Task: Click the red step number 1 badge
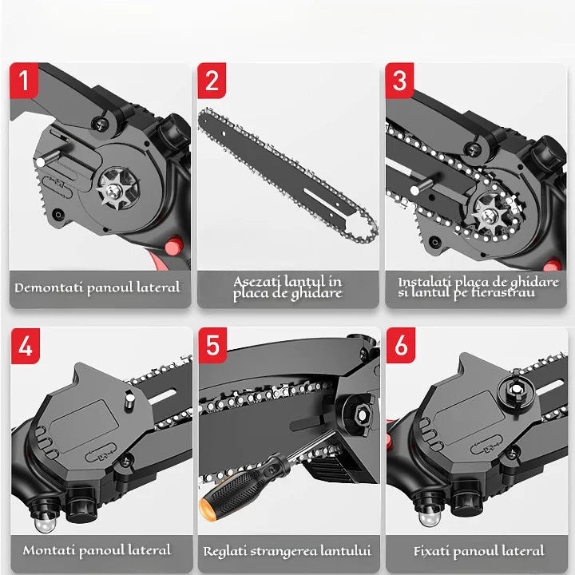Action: tap(25, 81)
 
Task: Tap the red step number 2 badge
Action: tap(212, 81)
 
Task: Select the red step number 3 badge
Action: tap(400, 81)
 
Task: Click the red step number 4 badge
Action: tap(25, 346)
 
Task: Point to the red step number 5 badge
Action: tap(212, 346)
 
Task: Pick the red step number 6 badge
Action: tap(400, 346)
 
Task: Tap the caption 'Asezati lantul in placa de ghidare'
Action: tap(287, 287)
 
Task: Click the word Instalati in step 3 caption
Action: tap(426, 282)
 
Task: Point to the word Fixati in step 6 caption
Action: tap(434, 550)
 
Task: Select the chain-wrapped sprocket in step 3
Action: tap(490, 209)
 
